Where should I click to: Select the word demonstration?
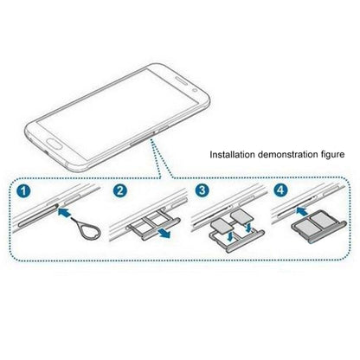(288, 156)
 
